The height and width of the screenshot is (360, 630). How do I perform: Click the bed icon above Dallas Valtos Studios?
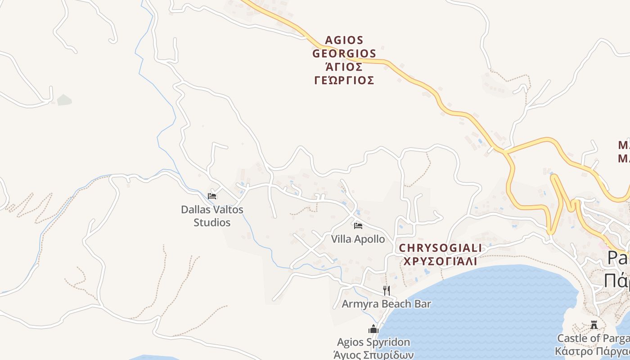tap(212, 196)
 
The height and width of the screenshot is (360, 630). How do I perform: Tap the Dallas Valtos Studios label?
tap(212, 216)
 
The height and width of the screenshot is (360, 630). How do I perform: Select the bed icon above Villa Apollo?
tap(358, 225)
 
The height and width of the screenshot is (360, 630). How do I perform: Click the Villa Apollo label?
tap(358, 239)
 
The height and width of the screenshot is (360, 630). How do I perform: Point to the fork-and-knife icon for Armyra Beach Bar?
tap(386, 290)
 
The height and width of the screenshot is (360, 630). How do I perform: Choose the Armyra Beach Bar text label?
tap(386, 304)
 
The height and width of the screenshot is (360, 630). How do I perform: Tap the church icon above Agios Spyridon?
tap(373, 329)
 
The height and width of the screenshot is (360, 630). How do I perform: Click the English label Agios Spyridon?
tap(373, 342)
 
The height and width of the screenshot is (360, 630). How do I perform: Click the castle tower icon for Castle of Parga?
tap(594, 324)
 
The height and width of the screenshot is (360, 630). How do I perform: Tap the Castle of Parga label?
tap(593, 338)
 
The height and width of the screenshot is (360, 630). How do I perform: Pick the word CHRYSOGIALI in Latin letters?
tap(440, 248)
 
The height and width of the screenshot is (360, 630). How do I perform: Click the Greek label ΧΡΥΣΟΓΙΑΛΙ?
tap(440, 261)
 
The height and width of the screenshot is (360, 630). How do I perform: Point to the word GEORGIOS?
tap(344, 54)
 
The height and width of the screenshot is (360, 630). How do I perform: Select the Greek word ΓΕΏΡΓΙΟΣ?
tap(344, 81)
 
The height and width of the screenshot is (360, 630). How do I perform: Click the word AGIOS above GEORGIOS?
tap(344, 40)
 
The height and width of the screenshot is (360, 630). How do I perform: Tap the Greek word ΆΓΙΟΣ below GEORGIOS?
tap(344, 67)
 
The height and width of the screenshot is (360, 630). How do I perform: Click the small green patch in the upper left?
tap(64, 100)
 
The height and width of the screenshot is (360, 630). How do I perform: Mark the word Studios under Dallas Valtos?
tap(212, 222)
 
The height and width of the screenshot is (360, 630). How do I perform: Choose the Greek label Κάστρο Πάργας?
tap(592, 351)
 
